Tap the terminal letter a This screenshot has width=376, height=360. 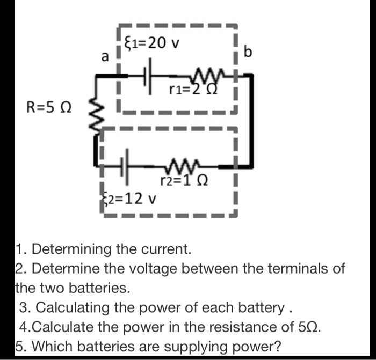[x=105, y=56]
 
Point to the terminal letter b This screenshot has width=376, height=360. [x=248, y=52]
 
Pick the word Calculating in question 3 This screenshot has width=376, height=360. [x=79, y=308]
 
